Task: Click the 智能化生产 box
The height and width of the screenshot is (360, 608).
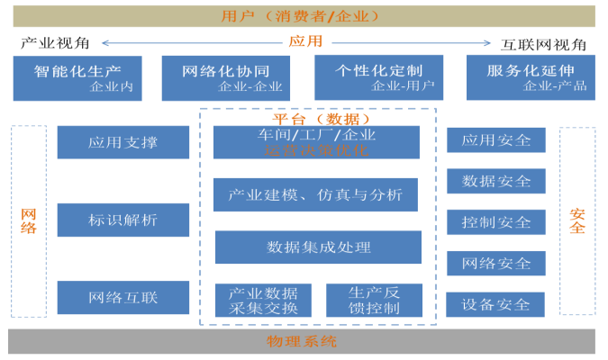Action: (77, 77)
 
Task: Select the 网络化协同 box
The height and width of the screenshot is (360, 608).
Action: (225, 77)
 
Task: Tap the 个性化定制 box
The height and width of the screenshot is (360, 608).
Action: (378, 77)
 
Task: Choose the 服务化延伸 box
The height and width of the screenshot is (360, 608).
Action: (531, 77)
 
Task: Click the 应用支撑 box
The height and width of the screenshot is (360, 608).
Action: (123, 142)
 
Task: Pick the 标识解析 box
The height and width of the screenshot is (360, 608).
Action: (123, 220)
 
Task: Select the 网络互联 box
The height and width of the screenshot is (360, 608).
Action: (123, 298)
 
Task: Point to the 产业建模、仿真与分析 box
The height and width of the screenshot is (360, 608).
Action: (316, 194)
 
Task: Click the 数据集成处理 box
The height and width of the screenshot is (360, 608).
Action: (318, 247)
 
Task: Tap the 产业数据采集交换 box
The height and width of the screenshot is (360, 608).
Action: (263, 301)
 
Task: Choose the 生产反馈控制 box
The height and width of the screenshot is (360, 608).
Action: (373, 301)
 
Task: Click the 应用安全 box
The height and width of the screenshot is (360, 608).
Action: (496, 140)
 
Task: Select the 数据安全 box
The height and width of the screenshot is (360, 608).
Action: (496, 181)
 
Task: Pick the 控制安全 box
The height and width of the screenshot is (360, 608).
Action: (496, 222)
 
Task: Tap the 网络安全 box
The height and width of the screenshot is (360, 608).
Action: (496, 264)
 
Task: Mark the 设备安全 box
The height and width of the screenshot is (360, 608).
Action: (496, 304)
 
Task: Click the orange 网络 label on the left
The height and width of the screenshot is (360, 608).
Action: (29, 219)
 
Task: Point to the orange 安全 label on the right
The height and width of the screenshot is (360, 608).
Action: (577, 219)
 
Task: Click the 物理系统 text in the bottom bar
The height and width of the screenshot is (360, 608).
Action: (302, 341)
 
